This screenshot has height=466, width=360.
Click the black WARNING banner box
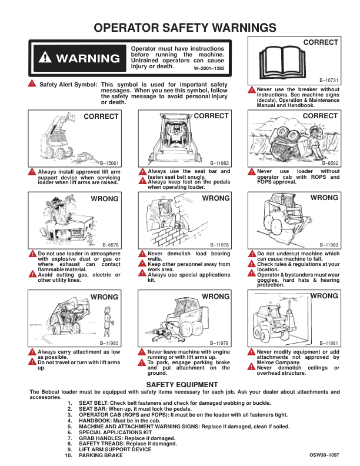(x=79, y=58)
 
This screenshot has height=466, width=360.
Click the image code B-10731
(x=329, y=79)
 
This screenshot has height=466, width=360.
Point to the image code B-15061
(x=109, y=162)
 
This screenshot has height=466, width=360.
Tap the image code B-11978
(x=219, y=244)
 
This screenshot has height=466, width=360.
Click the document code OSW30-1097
(x=324, y=455)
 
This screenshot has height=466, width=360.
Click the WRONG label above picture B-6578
(x=105, y=199)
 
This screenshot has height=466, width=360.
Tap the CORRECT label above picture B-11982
(x=211, y=116)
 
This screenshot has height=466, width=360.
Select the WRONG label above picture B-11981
(x=324, y=297)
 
